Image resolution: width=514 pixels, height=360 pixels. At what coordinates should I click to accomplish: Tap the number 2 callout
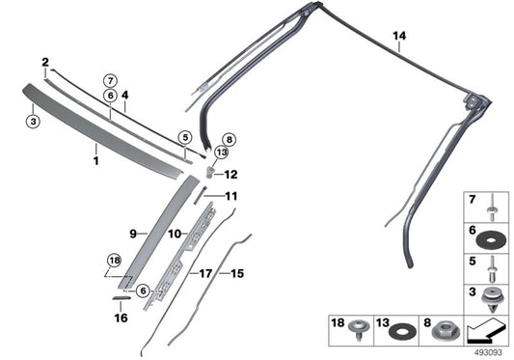point(45,62)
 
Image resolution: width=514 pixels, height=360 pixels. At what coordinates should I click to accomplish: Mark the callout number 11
point(230,196)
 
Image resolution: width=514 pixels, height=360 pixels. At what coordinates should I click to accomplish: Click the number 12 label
point(230,175)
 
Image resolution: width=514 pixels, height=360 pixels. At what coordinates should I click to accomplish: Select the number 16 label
point(121,317)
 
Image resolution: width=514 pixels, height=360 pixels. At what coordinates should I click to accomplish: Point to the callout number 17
point(204,273)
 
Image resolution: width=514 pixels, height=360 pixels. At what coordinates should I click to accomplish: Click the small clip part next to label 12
point(209,172)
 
